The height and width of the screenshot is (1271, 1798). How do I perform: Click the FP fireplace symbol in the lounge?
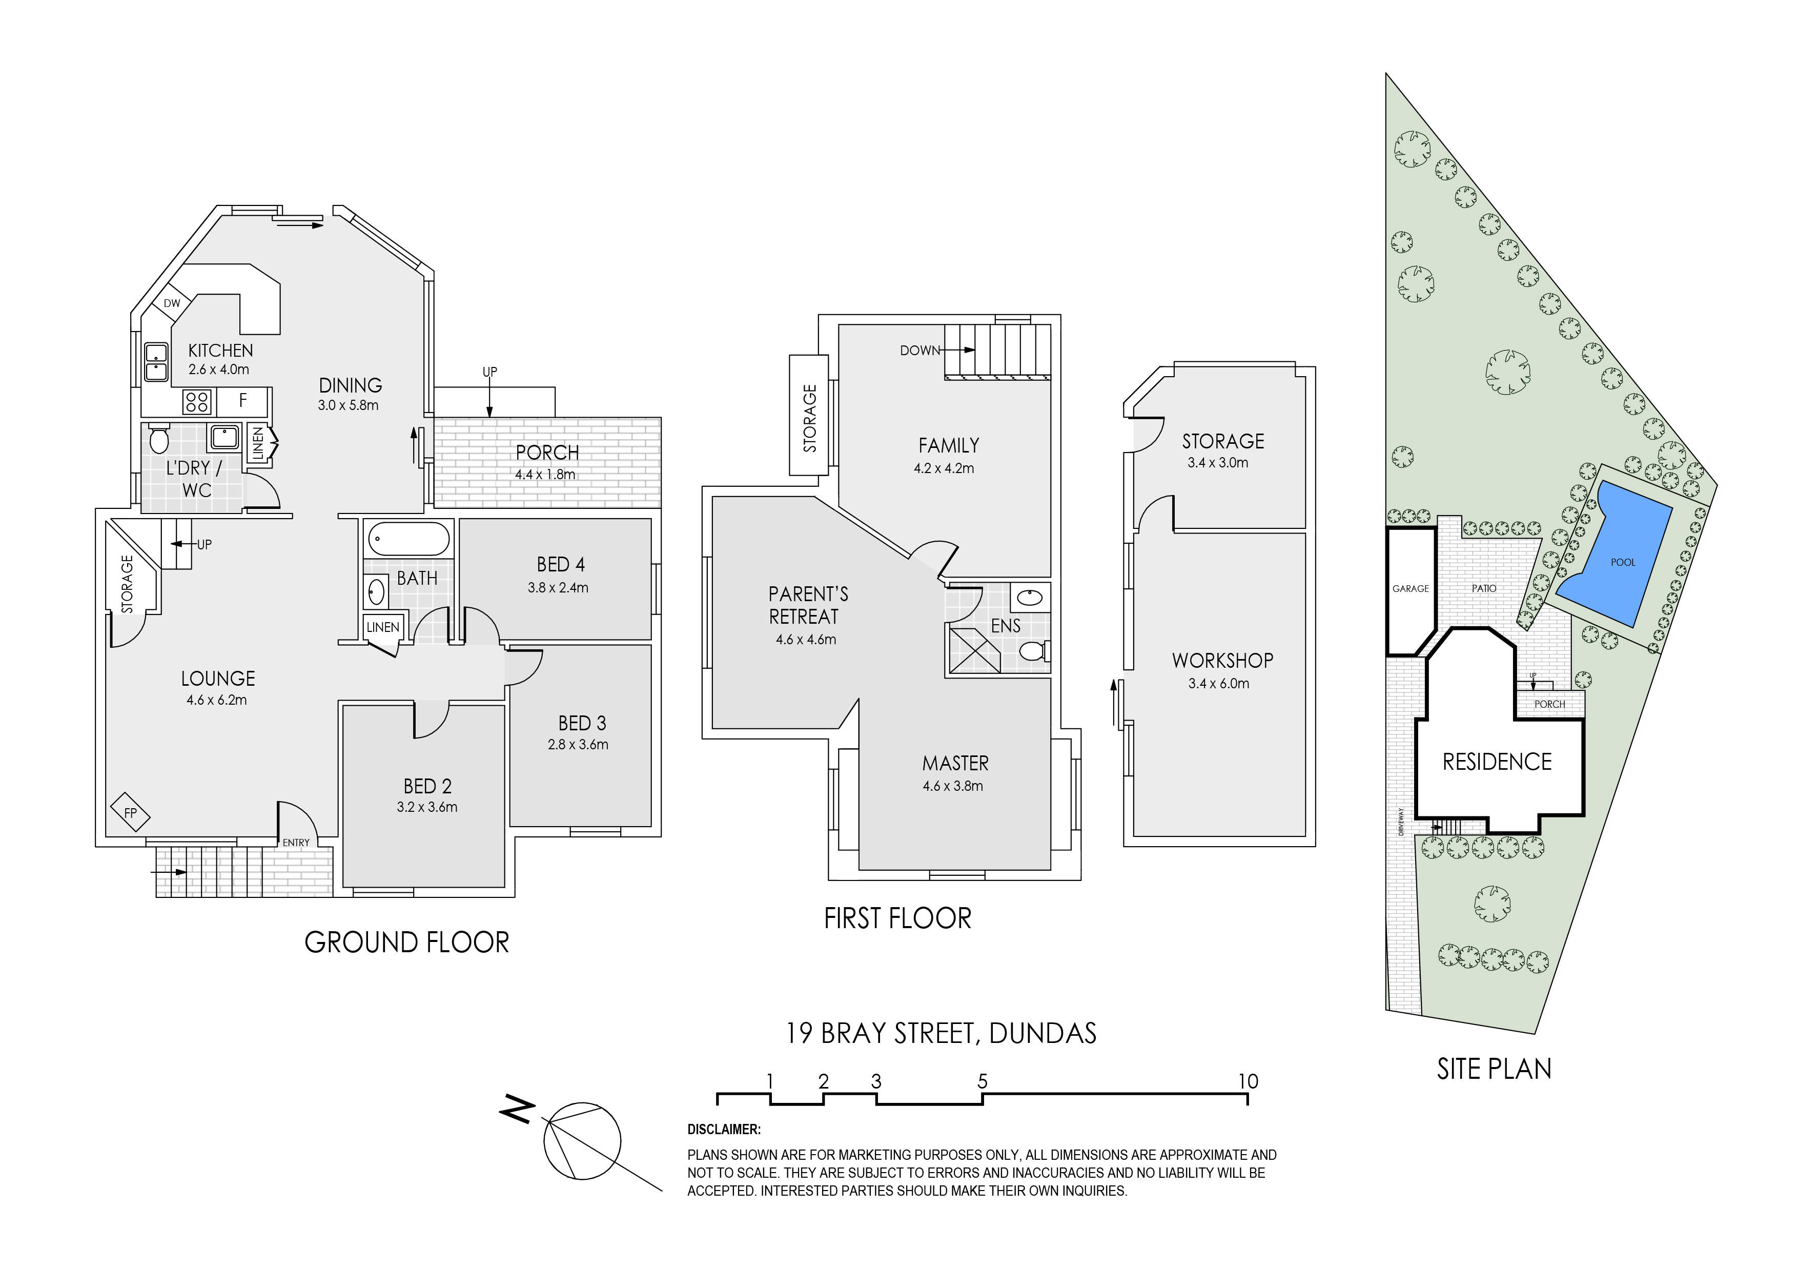(x=130, y=813)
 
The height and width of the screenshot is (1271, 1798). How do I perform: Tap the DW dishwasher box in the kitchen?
(x=172, y=303)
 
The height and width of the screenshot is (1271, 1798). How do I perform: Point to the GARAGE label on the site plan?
(x=1411, y=588)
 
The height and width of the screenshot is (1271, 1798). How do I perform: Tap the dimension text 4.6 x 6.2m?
(x=217, y=700)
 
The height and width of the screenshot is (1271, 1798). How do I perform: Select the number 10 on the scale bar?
(x=1248, y=1081)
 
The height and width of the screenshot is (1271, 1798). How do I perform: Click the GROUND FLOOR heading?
(x=406, y=942)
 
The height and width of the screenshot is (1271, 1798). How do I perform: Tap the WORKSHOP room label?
(x=1222, y=660)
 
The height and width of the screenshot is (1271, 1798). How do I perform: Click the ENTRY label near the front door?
(x=296, y=843)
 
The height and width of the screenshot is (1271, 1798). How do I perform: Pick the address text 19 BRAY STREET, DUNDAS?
(x=941, y=1033)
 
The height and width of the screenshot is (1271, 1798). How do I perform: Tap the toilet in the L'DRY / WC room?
(x=159, y=440)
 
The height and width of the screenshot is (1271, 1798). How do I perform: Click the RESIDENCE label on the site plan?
(x=1497, y=762)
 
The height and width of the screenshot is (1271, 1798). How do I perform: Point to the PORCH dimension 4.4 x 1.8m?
(x=545, y=475)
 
